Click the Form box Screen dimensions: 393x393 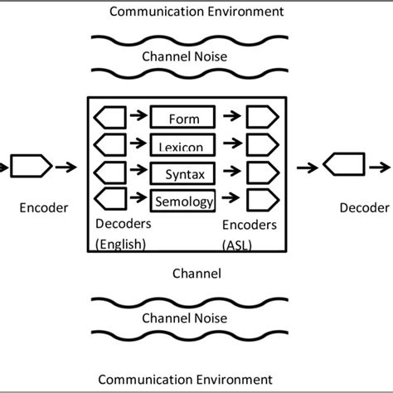[x=182, y=117]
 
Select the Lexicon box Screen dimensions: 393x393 [x=182, y=145]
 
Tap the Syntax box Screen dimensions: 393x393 [x=182, y=172]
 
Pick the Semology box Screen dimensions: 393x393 [x=182, y=200]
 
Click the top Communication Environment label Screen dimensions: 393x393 [x=196, y=12]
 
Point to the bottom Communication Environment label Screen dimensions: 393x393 [x=196, y=379]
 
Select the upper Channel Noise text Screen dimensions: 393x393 [x=196, y=57]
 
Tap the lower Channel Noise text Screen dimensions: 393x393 [x=196, y=317]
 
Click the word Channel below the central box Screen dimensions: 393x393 [x=196, y=272]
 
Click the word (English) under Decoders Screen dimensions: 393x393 [x=120, y=243]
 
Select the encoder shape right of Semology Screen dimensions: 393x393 [x=262, y=200]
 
